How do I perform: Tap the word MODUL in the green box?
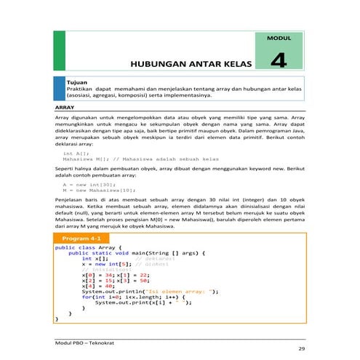point(280,36)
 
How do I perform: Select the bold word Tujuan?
point(76,84)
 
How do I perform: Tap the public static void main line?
point(137,252)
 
